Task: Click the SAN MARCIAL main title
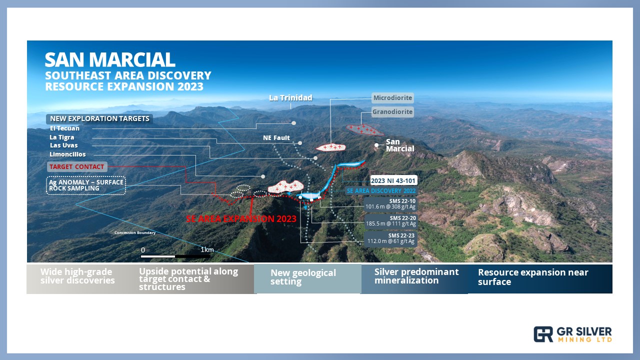(110, 59)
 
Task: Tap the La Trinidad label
(290, 98)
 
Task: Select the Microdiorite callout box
(392, 97)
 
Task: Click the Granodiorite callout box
(392, 111)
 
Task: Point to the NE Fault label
(276, 138)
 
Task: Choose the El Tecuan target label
(64, 128)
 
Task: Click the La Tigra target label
(61, 137)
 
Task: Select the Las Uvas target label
(63, 145)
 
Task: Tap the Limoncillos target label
(67, 154)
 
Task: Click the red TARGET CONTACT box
(77, 166)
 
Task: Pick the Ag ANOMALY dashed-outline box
(86, 185)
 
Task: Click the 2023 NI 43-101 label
(393, 180)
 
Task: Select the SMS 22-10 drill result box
(390, 204)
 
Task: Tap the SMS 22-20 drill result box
(390, 221)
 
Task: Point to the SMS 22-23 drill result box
(390, 238)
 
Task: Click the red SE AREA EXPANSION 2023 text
(241, 219)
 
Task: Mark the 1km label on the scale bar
(207, 249)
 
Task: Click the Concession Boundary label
(135, 233)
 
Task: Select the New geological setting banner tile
(307, 278)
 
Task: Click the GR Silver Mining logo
(572, 334)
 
